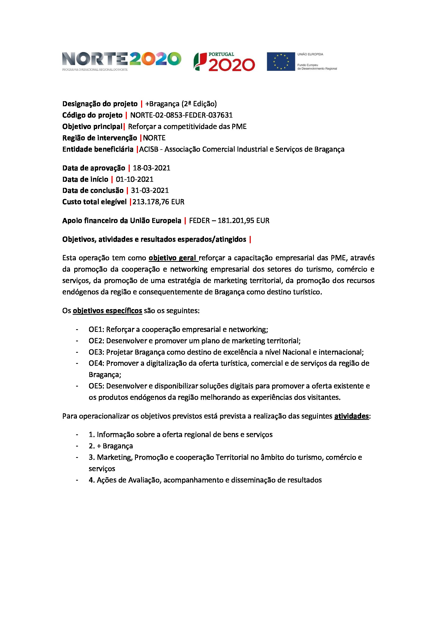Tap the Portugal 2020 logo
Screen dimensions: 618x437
(224, 62)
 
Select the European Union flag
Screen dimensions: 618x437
(281, 62)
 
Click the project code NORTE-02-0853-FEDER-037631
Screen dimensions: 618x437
(181, 115)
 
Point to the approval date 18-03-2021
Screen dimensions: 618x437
(151, 168)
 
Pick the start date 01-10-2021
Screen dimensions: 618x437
(134, 179)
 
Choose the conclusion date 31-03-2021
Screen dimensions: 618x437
(150, 190)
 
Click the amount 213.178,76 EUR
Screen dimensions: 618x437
(158, 202)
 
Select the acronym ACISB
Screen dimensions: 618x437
(148, 149)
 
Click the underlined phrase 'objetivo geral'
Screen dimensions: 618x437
(173, 258)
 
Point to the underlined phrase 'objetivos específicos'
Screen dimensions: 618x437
(107, 311)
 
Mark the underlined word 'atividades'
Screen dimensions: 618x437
(351, 416)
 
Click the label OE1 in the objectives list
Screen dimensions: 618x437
(96, 329)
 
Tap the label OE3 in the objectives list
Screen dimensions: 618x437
(96, 352)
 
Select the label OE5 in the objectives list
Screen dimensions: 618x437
(96, 386)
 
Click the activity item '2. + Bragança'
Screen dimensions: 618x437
(111, 446)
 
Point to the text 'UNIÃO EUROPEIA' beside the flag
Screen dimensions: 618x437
(310, 54)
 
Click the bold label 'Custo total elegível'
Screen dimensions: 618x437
(94, 202)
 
